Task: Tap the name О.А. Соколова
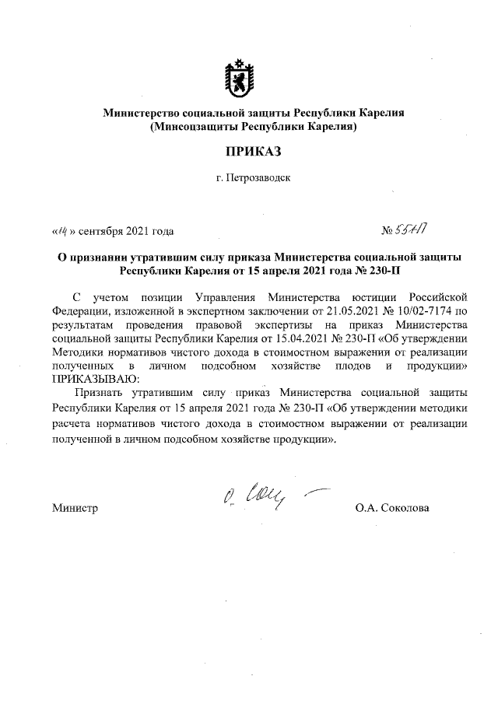391,509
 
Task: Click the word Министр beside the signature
75,509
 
